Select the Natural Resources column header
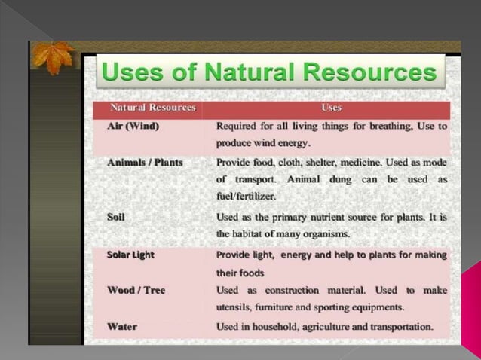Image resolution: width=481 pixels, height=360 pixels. tap(153, 108)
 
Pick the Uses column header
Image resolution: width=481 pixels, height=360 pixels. tap(331, 108)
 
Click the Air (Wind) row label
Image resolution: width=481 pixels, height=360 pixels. tap(133, 126)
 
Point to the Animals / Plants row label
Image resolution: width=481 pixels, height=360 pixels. tap(145, 162)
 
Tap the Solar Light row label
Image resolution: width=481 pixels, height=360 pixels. tap(130, 255)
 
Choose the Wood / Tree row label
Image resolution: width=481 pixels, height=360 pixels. tap(136, 290)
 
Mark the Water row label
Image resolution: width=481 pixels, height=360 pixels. tap(122, 327)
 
